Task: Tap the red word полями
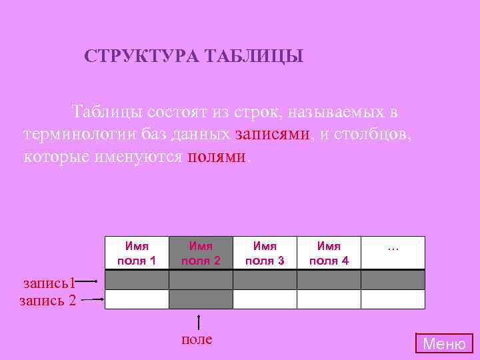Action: (217, 157)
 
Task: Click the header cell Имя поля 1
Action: (137, 253)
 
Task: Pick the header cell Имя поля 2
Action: (201, 253)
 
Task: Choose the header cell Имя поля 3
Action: (265, 253)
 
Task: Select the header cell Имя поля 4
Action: (329, 253)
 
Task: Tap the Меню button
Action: (445, 344)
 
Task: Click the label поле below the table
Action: (197, 339)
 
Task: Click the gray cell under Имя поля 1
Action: (137, 280)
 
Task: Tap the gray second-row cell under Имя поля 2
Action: (201, 299)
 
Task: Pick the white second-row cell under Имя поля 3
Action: (265, 299)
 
